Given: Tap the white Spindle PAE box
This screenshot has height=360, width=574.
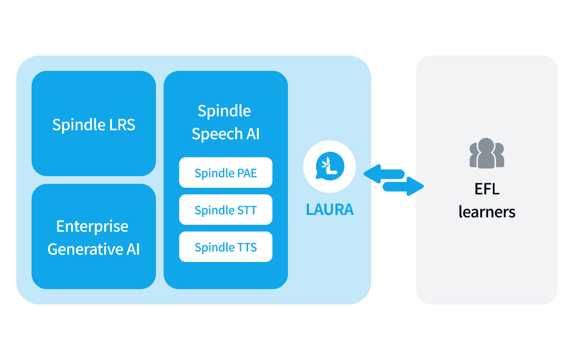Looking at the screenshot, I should (225, 172).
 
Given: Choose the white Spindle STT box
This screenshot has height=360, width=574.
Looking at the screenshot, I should (225, 210).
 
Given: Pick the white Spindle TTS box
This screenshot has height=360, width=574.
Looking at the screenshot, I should (225, 247).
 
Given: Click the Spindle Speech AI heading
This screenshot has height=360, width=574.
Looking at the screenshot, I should (225, 123).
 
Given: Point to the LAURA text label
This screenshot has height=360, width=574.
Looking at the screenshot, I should (330, 210).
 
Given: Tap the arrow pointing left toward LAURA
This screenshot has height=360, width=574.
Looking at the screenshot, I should (383, 173).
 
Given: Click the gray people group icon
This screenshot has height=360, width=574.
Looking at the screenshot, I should (487, 153).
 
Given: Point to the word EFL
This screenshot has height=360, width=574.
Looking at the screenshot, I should (487, 189).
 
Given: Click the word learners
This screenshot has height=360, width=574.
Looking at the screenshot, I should (487, 212).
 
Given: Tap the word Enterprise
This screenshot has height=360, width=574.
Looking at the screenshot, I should (92, 226).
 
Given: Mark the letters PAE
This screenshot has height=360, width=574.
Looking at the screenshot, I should (247, 173).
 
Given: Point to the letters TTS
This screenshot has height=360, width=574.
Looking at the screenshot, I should (247, 247).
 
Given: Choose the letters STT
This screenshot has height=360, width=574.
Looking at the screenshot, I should (247, 210).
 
